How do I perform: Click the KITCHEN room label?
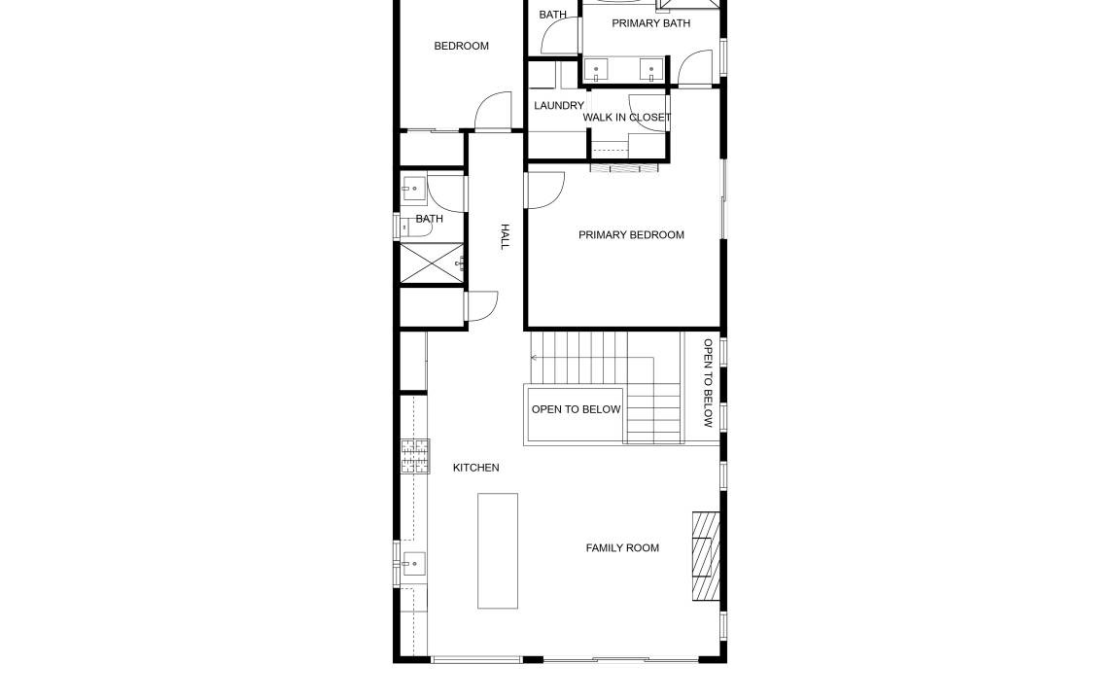[x=475, y=468]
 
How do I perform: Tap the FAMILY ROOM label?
[x=622, y=548]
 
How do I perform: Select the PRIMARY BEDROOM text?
[x=631, y=235]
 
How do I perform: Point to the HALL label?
[x=505, y=236]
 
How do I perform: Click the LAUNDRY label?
[x=559, y=106]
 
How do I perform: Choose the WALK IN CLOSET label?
[x=627, y=118]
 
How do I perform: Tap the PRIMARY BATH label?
[x=650, y=23]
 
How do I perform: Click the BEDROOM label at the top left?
[x=462, y=47]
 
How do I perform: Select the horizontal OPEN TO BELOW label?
[x=576, y=410]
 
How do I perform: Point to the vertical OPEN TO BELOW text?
[x=708, y=383]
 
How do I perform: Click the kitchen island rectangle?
[x=498, y=550]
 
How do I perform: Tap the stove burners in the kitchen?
[x=415, y=456]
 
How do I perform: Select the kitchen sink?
[x=413, y=564]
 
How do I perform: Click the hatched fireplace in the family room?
[x=706, y=556]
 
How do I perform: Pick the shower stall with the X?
[x=432, y=263]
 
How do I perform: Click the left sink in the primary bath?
[x=596, y=70]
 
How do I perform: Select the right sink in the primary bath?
[x=650, y=70]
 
